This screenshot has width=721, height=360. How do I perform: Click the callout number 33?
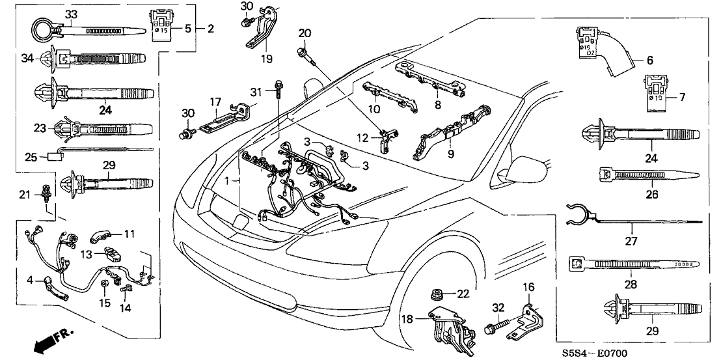pyautogui.click(x=71, y=14)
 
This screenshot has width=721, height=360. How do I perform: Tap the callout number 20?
pyautogui.click(x=305, y=33)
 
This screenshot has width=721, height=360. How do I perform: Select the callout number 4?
pyautogui.click(x=30, y=281)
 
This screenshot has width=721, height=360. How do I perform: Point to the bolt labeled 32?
pyautogui.click(x=494, y=329)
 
